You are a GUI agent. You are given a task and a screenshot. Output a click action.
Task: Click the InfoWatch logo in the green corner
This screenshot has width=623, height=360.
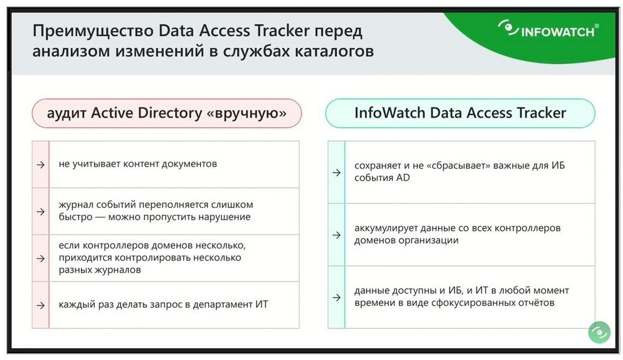pos(548,29)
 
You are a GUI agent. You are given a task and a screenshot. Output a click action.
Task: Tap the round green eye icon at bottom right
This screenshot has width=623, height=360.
pos(599,332)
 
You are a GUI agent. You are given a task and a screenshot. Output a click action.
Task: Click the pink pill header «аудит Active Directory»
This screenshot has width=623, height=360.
pos(167,113)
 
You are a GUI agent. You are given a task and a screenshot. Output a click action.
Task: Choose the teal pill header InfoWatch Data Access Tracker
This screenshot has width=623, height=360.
pos(460,113)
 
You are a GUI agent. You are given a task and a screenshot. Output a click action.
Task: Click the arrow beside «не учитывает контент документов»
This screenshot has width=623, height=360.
pos(40,164)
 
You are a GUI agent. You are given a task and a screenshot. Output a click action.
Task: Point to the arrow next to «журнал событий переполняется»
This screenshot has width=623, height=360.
pos(40,211)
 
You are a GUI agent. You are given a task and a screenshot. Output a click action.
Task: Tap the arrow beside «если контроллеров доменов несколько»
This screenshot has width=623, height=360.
pos(40,258)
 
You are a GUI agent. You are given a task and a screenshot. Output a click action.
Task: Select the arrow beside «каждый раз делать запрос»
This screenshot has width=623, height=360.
pos(40,305)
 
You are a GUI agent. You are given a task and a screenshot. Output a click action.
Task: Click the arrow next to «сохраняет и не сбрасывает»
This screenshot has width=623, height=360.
pos(336,173)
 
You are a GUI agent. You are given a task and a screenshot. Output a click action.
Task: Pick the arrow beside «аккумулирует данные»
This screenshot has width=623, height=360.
pos(336,235)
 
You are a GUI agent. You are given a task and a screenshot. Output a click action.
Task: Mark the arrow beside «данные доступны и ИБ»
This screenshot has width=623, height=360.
pos(336,297)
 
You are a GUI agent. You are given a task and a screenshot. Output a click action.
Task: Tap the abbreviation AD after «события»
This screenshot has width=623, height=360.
pos(403,178)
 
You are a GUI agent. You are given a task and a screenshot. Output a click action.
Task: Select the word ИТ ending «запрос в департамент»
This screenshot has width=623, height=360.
pos(262,305)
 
